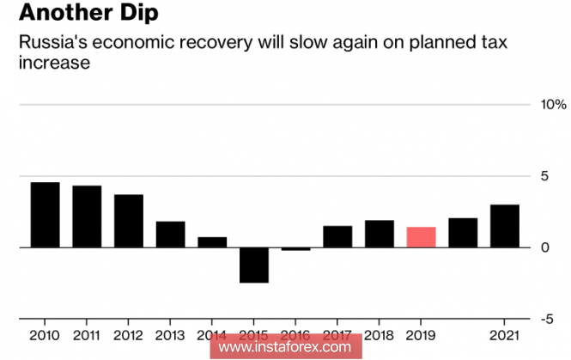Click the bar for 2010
45,215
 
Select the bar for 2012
129,221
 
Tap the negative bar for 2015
254,265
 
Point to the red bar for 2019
421,237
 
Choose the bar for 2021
504,226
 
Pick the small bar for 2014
212,242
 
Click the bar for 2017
337,236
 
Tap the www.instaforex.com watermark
285,347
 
